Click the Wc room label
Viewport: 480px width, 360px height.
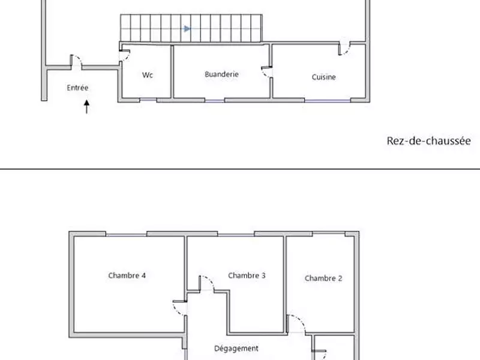coord(147,75)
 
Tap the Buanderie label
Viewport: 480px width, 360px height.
coord(221,74)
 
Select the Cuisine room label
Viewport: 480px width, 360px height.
coord(323,77)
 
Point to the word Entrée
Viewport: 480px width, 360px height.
coord(77,88)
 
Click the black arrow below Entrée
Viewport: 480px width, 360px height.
coord(86,107)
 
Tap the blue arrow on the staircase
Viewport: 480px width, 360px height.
coord(187,29)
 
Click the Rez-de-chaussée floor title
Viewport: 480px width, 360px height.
coord(428,141)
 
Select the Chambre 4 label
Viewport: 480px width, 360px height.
coord(127,275)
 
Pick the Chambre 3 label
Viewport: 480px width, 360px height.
coord(247,275)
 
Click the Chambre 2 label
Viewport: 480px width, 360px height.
coord(323,278)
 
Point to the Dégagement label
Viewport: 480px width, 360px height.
coord(236,349)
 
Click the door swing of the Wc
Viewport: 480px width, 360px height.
coord(125,55)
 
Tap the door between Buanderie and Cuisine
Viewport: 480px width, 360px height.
coord(267,72)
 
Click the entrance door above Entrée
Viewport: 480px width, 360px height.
coord(76,62)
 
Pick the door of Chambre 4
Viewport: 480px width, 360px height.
coord(180,308)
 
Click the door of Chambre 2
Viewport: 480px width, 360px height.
coord(296,323)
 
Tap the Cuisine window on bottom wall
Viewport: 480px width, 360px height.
coord(327,100)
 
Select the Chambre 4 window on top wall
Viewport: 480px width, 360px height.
coord(126,235)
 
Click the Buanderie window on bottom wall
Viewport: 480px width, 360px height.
coord(214,100)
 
